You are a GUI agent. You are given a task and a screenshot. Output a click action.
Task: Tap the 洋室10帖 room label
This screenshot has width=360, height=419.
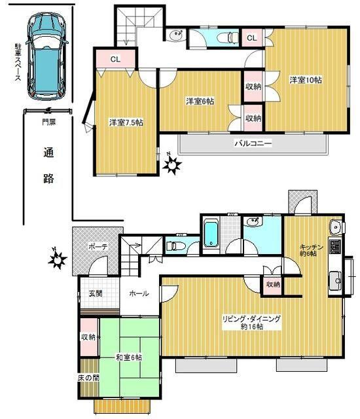tap(305, 80)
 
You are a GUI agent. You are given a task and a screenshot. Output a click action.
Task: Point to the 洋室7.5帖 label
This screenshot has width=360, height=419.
tap(125, 122)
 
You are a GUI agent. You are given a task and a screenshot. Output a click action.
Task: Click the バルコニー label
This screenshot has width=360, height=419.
tap(253, 142)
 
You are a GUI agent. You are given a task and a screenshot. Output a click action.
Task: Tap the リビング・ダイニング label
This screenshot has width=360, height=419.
tap(251, 321)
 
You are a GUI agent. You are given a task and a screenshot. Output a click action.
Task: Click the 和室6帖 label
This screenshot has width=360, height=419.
tap(129, 357)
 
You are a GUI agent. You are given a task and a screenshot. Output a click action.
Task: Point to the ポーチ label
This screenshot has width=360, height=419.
tap(98, 247)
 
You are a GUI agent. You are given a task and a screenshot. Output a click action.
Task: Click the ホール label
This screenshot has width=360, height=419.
tap(139, 294)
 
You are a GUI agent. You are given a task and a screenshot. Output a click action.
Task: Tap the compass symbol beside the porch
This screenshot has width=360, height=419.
tap(58, 261)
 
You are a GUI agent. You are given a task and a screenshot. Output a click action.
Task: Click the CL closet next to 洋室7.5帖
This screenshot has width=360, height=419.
tap(115, 60)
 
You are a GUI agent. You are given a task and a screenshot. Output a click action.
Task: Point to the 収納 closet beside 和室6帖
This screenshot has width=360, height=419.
tap(88, 337)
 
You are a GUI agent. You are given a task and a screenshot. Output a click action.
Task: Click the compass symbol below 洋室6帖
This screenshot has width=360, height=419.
tap(172, 166)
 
